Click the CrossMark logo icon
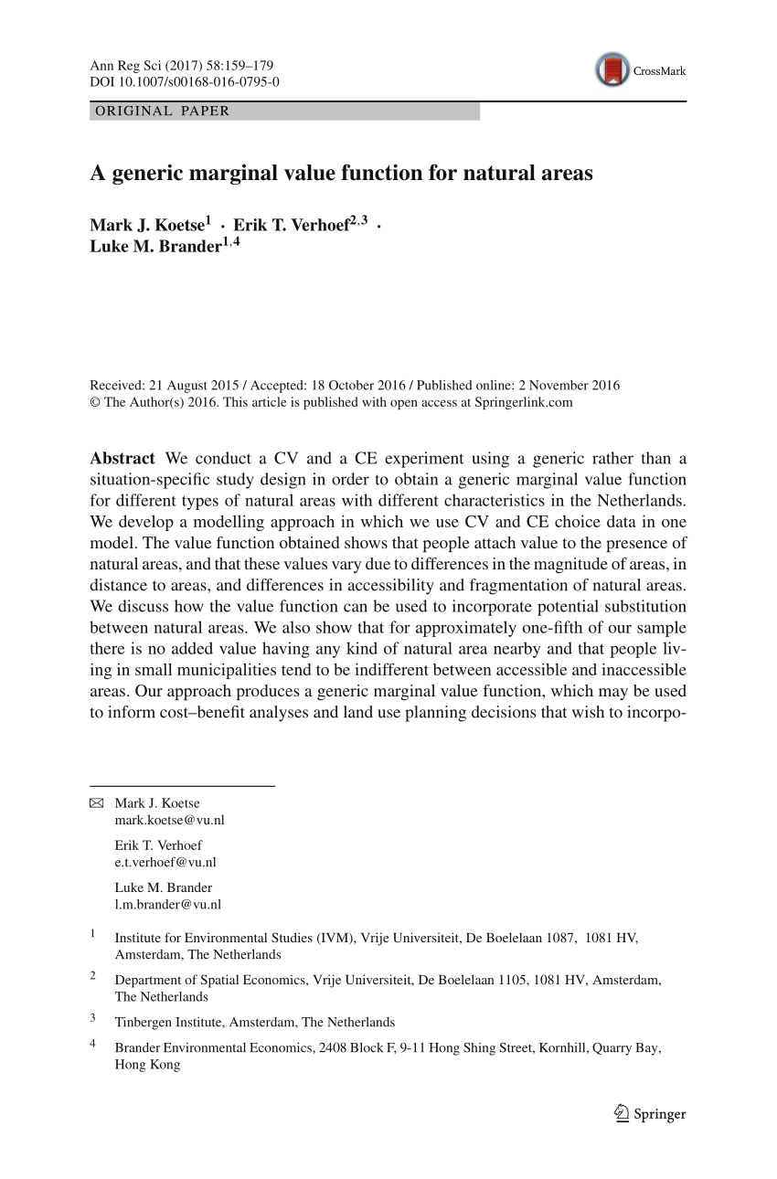tap(612, 70)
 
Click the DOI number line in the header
tap(185, 82)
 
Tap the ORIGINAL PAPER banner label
tap(161, 112)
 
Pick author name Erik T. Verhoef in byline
tap(291, 226)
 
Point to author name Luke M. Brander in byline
tap(154, 247)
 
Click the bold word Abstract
tap(122, 458)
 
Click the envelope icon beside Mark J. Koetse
tap(97, 803)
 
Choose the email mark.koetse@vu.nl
tap(169, 820)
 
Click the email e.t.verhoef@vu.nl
tap(165, 862)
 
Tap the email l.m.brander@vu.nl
tap(168, 904)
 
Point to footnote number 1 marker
tap(92, 934)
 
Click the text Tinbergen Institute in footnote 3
tap(169, 1022)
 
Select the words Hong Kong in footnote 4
tap(147, 1065)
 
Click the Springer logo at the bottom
tap(650, 1114)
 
